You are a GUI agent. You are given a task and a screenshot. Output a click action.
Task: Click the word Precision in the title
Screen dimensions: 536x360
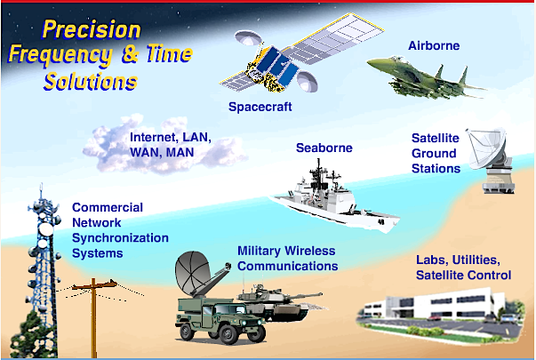click(92, 29)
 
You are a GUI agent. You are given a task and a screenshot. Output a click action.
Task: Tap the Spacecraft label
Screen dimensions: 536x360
click(260, 107)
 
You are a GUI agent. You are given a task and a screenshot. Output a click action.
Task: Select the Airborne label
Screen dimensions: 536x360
click(434, 45)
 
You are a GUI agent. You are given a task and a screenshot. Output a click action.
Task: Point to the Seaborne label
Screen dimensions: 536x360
click(324, 148)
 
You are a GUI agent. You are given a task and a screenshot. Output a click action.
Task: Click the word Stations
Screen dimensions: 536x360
click(436, 168)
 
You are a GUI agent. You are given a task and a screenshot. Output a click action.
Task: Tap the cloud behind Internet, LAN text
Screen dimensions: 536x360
click(164, 145)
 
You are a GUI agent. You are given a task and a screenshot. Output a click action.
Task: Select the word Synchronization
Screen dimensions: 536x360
click(120, 237)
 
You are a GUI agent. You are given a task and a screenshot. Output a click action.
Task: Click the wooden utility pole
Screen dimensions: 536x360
click(93, 316)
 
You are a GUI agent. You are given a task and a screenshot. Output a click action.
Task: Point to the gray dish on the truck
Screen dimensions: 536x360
click(192, 273)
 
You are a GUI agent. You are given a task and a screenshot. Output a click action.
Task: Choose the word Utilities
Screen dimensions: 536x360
click(476, 260)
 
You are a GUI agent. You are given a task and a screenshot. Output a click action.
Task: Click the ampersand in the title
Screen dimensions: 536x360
click(131, 54)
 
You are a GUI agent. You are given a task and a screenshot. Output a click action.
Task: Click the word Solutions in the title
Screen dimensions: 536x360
click(91, 82)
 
